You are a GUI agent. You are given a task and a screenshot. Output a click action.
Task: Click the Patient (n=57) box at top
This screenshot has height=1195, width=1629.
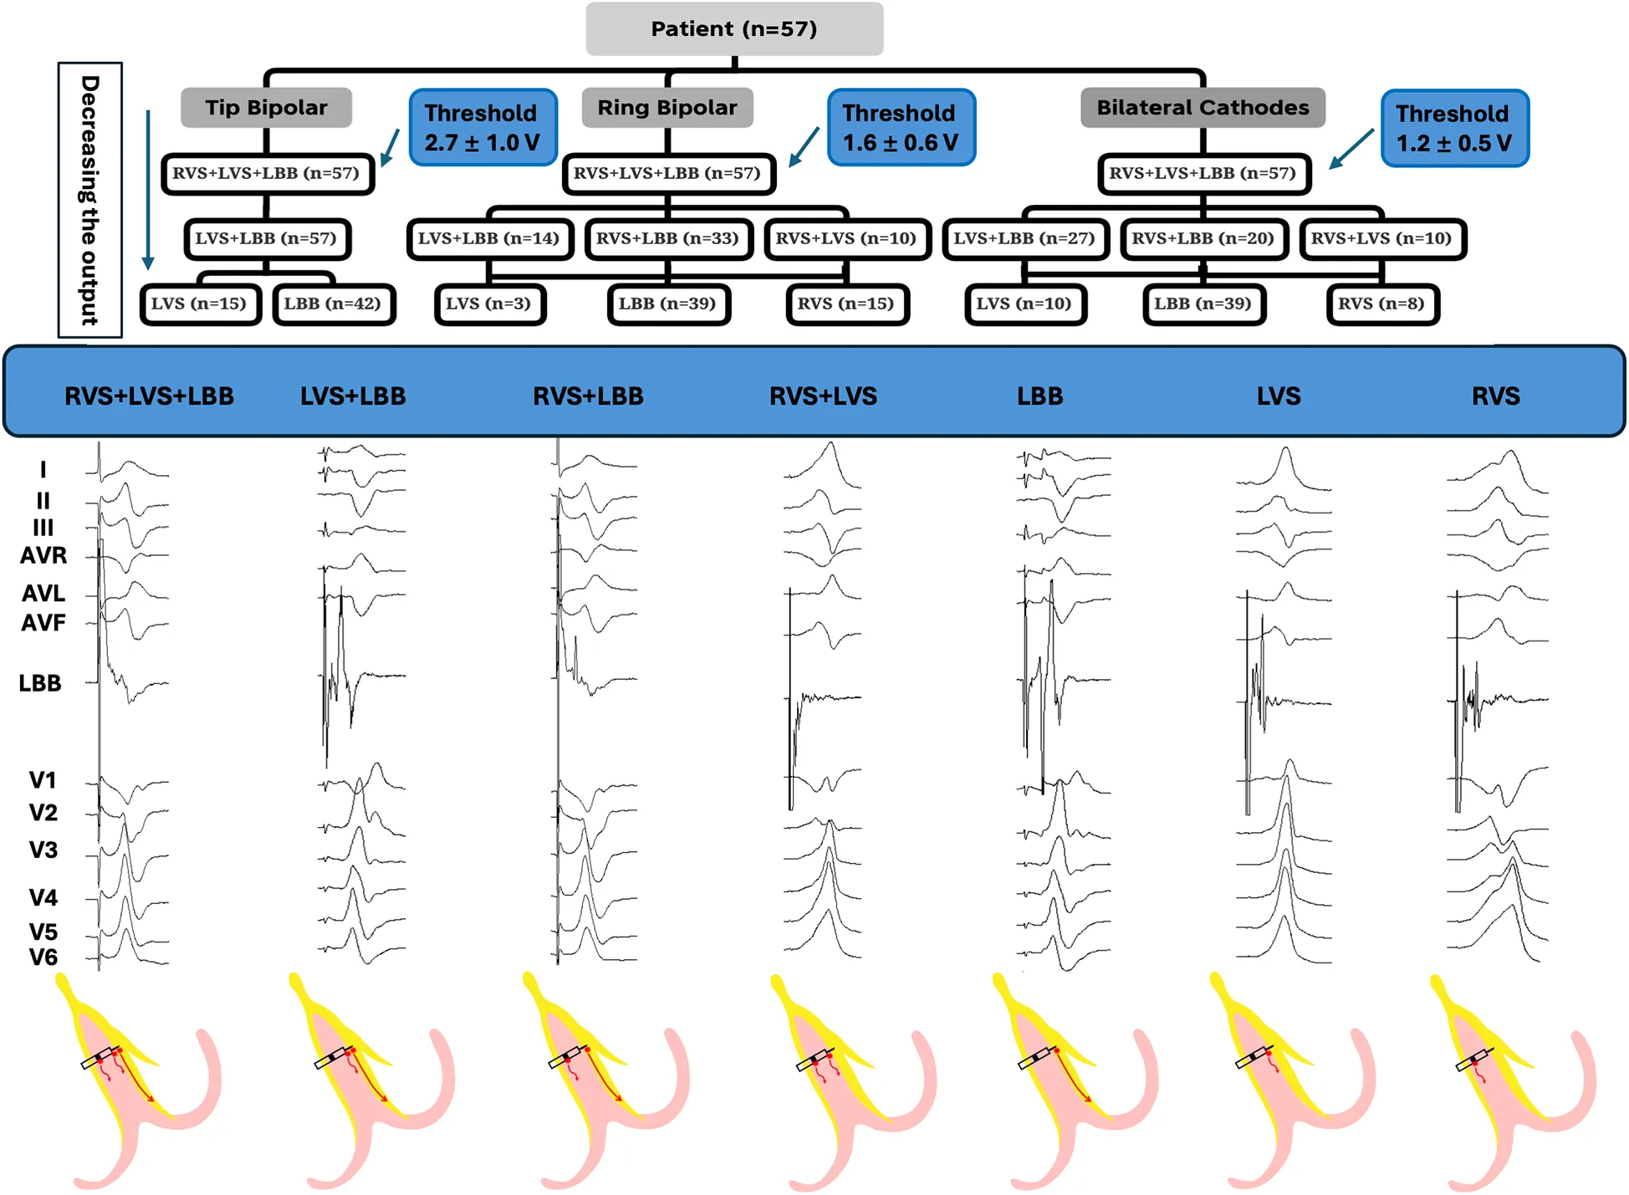click(x=733, y=29)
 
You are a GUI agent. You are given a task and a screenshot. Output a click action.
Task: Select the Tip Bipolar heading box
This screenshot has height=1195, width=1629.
click(x=266, y=108)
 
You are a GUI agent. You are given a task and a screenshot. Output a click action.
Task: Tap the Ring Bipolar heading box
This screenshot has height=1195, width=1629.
click(x=667, y=108)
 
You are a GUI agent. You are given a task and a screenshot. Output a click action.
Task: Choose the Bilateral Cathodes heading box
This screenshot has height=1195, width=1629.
click(x=1203, y=108)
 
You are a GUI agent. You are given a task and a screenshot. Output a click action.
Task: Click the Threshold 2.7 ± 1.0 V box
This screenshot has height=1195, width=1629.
click(x=483, y=128)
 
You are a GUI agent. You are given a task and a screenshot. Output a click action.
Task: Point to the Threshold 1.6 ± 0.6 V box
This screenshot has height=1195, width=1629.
click(x=901, y=128)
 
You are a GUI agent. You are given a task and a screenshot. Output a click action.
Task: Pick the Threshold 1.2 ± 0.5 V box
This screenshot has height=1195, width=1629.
click(x=1454, y=129)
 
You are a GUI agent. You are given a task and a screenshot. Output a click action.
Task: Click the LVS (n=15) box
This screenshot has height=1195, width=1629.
click(x=199, y=304)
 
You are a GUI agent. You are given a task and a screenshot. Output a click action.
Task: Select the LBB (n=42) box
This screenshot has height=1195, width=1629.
click(x=333, y=304)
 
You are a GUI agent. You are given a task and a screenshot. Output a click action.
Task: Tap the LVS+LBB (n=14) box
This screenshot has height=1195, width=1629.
click(x=489, y=239)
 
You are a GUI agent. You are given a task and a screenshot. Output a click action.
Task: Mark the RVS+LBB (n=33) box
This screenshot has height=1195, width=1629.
click(x=667, y=239)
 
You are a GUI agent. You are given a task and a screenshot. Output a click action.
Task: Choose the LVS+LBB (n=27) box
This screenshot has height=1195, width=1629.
click(x=1024, y=239)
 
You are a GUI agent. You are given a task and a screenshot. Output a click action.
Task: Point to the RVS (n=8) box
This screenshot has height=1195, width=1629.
click(x=1381, y=304)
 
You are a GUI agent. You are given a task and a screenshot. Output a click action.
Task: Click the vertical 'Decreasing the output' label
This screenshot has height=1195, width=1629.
click(x=89, y=200)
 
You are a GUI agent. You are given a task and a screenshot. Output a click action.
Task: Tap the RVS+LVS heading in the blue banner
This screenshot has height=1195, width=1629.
click(x=823, y=396)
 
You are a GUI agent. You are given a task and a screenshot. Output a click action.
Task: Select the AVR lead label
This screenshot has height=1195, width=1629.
click(x=43, y=555)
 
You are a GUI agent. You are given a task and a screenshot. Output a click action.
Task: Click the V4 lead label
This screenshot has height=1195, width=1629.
click(x=43, y=898)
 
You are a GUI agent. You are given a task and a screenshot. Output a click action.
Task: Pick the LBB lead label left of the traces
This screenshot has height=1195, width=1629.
click(x=40, y=683)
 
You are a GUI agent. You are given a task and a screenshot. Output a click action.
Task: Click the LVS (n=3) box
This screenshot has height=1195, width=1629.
click(x=489, y=304)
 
